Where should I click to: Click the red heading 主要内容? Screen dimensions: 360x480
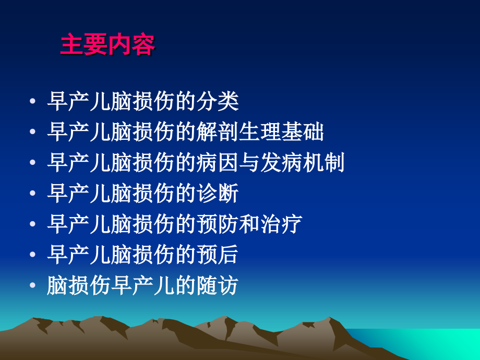coord(107,45)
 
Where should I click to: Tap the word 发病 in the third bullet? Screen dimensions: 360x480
coord(292,163)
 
